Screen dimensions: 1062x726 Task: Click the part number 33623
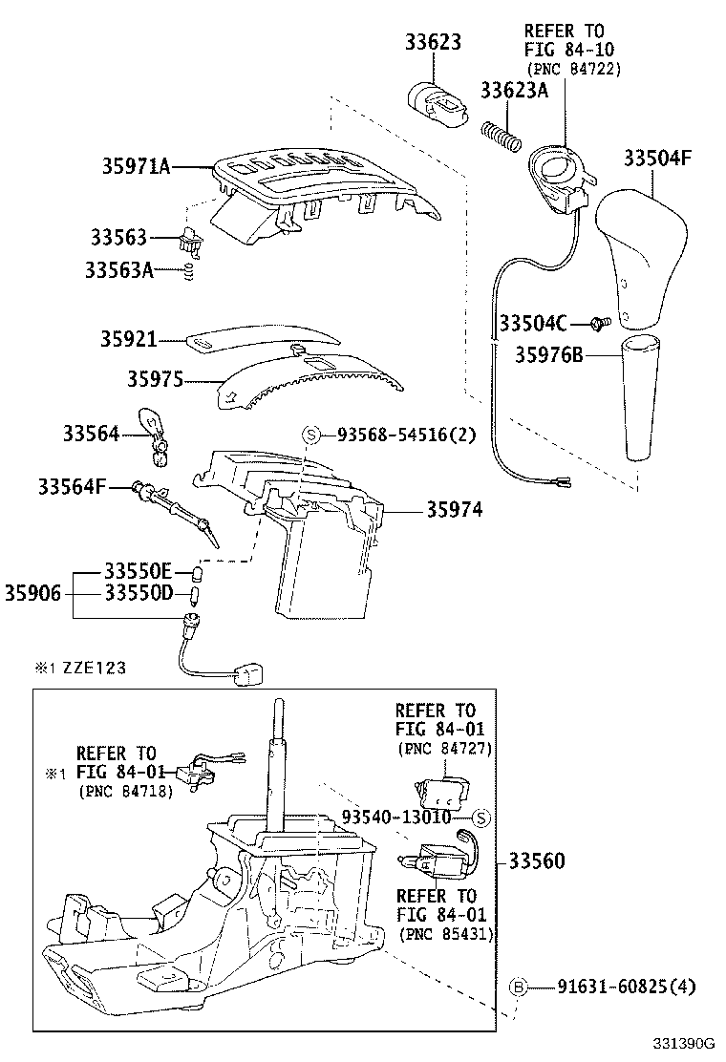click(431, 42)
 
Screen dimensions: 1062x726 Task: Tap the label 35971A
click(137, 167)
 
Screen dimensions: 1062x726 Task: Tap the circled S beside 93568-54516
click(310, 435)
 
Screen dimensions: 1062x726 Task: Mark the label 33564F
click(73, 487)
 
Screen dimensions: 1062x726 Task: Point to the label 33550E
click(138, 572)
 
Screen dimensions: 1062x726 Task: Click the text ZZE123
click(95, 669)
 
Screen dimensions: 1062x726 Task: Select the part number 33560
click(535, 861)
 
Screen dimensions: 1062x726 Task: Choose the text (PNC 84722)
click(573, 69)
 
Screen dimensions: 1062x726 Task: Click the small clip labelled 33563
click(192, 244)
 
